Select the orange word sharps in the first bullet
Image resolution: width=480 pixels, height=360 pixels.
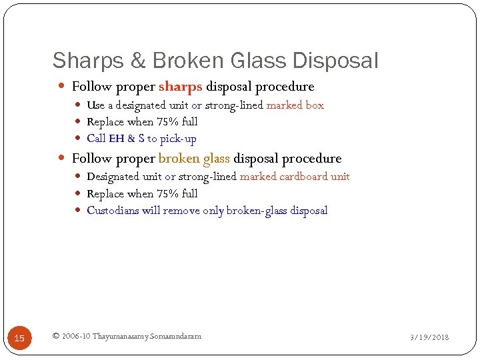pos(181,87)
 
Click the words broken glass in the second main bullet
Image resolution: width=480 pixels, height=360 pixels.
pos(194,159)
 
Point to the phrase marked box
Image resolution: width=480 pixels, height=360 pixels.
pos(295,105)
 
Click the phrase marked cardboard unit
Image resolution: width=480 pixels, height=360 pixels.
pos(295,177)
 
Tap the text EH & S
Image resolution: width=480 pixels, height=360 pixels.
pos(126,139)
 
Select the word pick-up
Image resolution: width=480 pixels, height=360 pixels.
pos(178,139)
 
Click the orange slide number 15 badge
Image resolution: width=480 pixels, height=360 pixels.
pos(19,338)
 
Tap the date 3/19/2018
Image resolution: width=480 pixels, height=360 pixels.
pos(429,337)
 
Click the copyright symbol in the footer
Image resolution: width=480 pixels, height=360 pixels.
pos(56,336)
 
